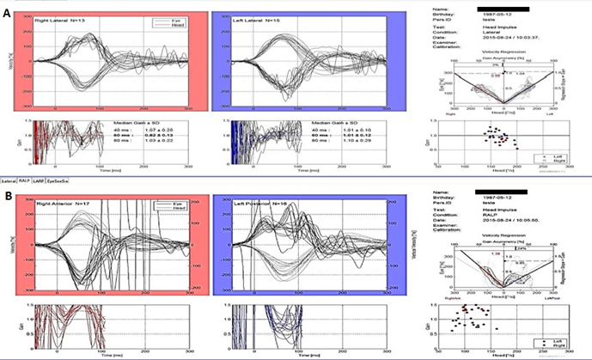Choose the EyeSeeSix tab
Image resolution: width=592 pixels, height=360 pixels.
(x=74, y=182)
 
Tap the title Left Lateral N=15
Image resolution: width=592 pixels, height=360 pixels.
(x=248, y=15)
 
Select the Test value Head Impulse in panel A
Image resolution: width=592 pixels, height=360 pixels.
(x=491, y=27)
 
